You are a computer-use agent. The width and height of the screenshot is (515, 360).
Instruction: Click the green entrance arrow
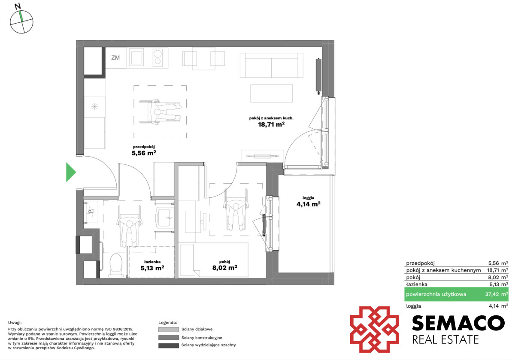[x=71, y=172]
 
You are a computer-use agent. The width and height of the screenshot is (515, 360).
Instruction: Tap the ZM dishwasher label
[x=115, y=57]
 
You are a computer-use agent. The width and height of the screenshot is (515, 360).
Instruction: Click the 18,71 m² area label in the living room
[x=271, y=124]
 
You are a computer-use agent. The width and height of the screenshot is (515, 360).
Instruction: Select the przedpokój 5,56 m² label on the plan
[x=144, y=150]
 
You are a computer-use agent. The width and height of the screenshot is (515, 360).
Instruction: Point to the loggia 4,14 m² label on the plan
[x=308, y=201]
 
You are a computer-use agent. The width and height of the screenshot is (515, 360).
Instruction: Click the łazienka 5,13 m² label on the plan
[x=152, y=265]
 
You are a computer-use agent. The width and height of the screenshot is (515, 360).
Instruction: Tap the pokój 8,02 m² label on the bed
[x=224, y=265]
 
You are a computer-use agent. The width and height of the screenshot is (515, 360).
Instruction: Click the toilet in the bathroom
[x=116, y=265]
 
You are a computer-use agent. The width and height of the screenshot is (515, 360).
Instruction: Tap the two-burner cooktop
[x=158, y=57]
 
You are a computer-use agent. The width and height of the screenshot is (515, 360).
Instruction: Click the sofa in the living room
[x=272, y=65]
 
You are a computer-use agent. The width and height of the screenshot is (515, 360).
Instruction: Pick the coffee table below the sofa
[x=272, y=94]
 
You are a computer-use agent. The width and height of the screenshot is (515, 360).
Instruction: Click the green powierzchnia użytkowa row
[x=456, y=294]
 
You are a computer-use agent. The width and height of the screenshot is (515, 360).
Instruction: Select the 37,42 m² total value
[x=497, y=294]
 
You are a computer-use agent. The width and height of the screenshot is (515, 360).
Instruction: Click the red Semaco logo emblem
[x=375, y=330]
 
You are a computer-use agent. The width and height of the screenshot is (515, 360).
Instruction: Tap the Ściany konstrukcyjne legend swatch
[x=169, y=337]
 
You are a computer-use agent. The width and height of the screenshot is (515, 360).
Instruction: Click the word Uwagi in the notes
[x=15, y=323]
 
